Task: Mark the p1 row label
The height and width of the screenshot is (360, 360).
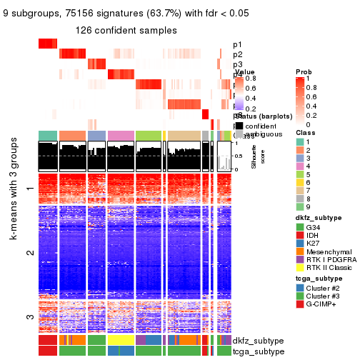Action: pos(237,44)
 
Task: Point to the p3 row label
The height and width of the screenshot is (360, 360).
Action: pos(237,64)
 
